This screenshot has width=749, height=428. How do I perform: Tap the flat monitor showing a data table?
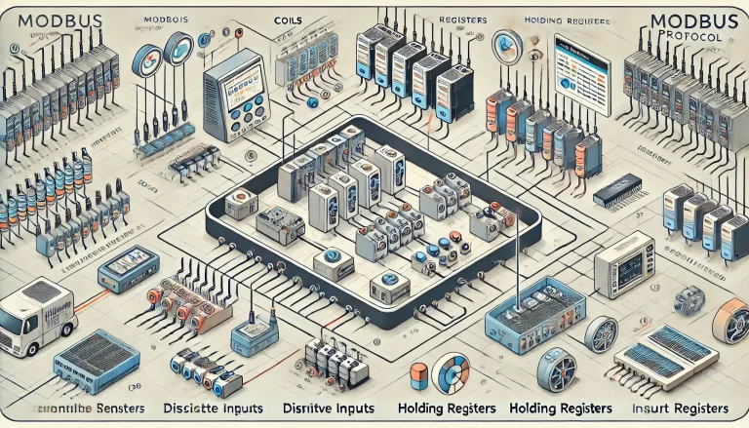tap(576, 69)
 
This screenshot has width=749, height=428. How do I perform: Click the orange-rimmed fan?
tap(730, 321)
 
